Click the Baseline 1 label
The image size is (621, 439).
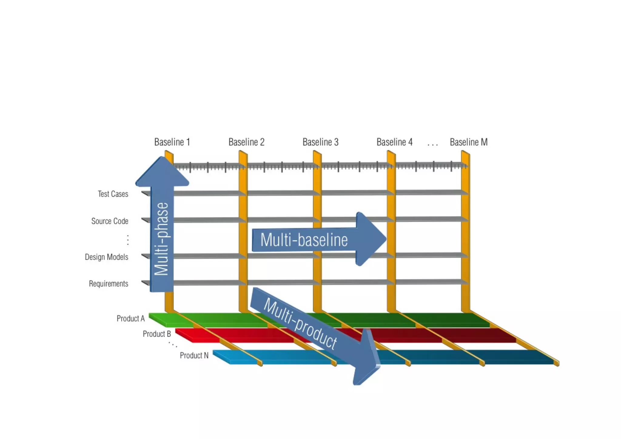coord(172,142)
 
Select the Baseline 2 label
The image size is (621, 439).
coord(246,142)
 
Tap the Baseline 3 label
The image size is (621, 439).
coord(320,142)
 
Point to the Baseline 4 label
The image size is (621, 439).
coord(394,142)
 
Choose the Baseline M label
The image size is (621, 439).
coord(468,142)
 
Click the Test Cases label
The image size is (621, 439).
coord(113,194)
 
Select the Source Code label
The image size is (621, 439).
coord(110,221)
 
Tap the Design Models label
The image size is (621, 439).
coord(106,257)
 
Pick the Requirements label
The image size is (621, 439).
coord(109,284)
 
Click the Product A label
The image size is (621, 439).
coord(130,319)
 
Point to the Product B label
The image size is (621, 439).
coord(157,334)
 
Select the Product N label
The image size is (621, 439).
coord(194,355)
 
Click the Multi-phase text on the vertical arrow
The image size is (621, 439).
coord(161,239)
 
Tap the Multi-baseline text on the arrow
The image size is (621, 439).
coord(304,240)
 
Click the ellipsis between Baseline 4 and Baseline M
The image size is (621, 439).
coord(432,145)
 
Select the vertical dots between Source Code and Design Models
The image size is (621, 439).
coord(128,240)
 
